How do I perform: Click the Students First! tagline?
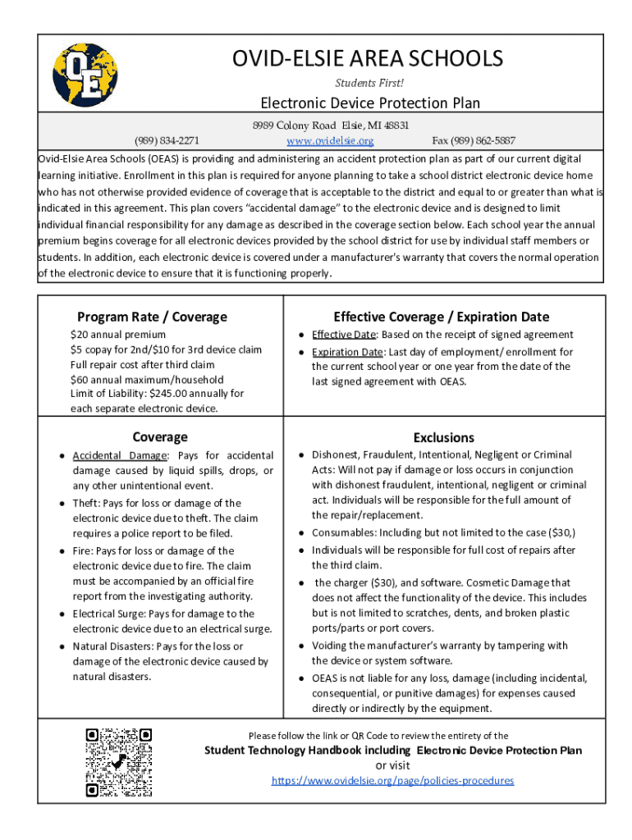369,83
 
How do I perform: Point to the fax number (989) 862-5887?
474,140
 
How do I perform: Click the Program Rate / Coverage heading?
152,317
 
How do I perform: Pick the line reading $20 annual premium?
118,335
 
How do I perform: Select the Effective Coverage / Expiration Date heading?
442,317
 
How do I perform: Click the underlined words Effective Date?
343,335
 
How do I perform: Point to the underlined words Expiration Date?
347,352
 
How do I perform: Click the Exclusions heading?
444,437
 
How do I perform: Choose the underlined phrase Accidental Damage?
120,455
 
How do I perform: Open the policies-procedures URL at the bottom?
392,780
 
